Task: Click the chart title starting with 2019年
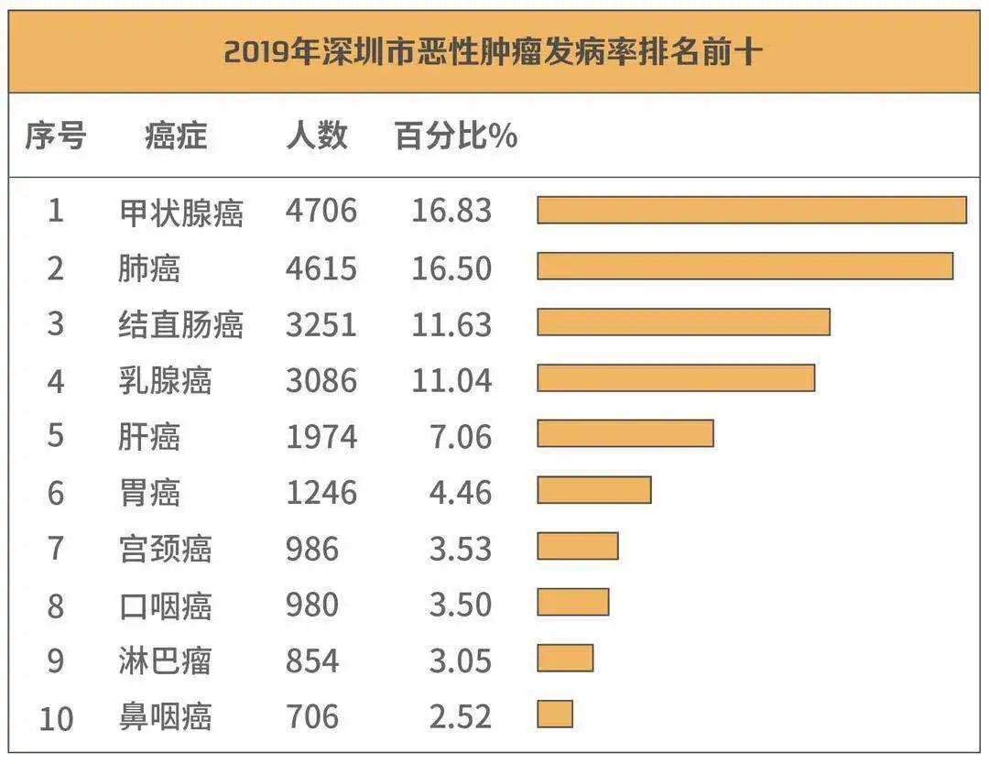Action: pos(492,50)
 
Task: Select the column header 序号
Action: pos(55,136)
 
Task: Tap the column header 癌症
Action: pos(176,136)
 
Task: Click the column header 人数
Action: pos(317,136)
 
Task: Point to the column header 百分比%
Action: pos(455,136)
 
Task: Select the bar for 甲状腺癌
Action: pos(751,210)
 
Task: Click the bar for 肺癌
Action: pos(744,266)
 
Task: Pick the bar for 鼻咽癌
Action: pos(555,715)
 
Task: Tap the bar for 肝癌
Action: pos(625,433)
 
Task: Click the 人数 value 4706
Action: pos(321,212)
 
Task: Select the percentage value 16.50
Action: pos(451,268)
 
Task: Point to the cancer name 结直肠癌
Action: pos(180,324)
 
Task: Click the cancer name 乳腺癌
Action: pos(165,380)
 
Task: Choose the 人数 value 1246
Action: pos(321,493)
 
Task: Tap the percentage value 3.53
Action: pos(460,549)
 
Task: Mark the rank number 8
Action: pos(55,606)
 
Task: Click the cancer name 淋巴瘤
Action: pos(165,661)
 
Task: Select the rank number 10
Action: pos(55,717)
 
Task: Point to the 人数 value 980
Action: pos(311,606)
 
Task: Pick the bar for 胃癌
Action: pos(593,490)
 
